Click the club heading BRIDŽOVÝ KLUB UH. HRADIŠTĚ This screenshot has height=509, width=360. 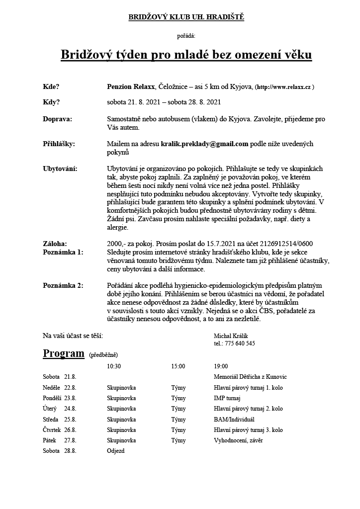(186, 17)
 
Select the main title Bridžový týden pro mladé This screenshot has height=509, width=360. (186, 54)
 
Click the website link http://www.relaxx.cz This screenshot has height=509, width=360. (284, 87)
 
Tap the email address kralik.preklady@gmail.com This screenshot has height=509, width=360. (204, 144)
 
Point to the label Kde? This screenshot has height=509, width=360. (51, 86)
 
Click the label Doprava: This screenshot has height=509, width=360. (58, 119)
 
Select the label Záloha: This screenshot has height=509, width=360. (55, 244)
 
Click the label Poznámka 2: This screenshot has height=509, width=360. (63, 285)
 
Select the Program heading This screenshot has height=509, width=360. (64, 353)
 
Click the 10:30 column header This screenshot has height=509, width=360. (114, 366)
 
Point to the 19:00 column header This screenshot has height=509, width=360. (221, 366)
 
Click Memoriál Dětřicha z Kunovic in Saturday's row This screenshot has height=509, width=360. (250, 377)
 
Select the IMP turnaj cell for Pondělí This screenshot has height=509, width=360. (227, 398)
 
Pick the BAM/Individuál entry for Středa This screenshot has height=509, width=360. (234, 419)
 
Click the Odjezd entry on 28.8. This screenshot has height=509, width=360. (115, 451)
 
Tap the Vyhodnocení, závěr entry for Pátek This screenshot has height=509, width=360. (239, 440)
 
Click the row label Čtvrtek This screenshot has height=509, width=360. (53, 430)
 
